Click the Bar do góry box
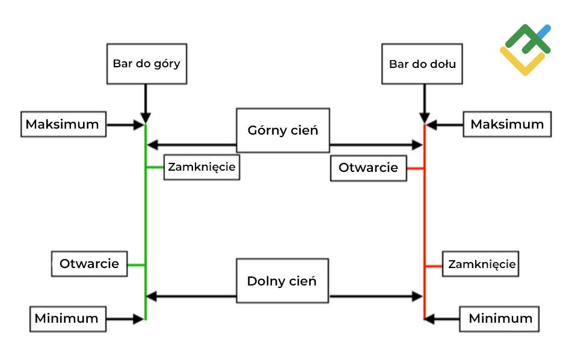[146, 63]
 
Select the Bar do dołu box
[423, 63]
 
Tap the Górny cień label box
[283, 130]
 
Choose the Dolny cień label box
[281, 281]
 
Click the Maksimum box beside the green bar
[62, 125]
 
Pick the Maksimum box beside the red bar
[507, 125]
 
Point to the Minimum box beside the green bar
[66, 319]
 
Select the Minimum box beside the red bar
[500, 319]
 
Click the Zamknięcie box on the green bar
[201, 167]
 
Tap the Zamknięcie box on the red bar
[481, 264]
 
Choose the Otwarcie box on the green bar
[89, 264]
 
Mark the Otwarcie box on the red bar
[368, 168]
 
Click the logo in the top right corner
[525, 49]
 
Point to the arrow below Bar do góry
[146, 103]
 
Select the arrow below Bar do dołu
[424, 103]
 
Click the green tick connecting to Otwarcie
[137, 264]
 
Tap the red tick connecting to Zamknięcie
[434, 265]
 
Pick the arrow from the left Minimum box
[125, 319]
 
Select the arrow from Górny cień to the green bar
[191, 145]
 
